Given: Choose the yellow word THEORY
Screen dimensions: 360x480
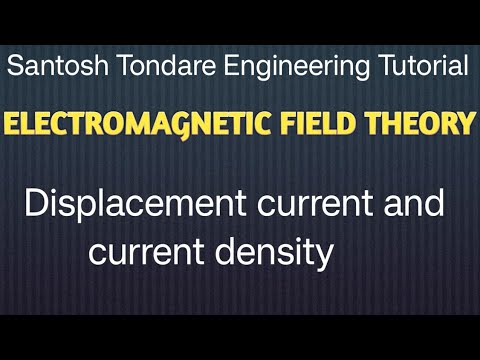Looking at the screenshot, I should click(x=419, y=125).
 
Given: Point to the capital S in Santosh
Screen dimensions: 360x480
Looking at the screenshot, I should click(x=14, y=68).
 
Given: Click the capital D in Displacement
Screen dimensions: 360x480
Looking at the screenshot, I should click(x=33, y=206).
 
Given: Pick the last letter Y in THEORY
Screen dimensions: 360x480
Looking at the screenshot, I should click(x=466, y=125).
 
